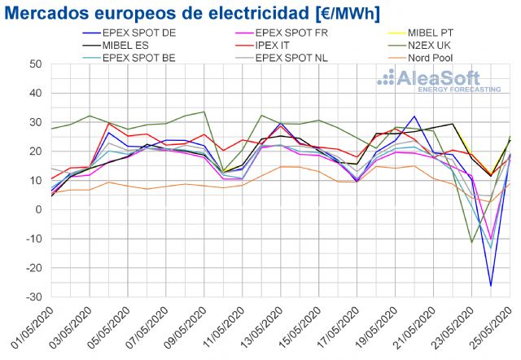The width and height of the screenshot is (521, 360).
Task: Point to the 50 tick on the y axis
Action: [36, 64]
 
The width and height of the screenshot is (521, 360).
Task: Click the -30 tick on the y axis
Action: [33, 297]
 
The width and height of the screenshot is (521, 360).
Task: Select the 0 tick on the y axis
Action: [39, 210]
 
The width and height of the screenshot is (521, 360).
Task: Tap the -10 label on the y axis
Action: [33, 239]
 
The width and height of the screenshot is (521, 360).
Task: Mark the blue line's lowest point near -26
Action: [490, 285]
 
